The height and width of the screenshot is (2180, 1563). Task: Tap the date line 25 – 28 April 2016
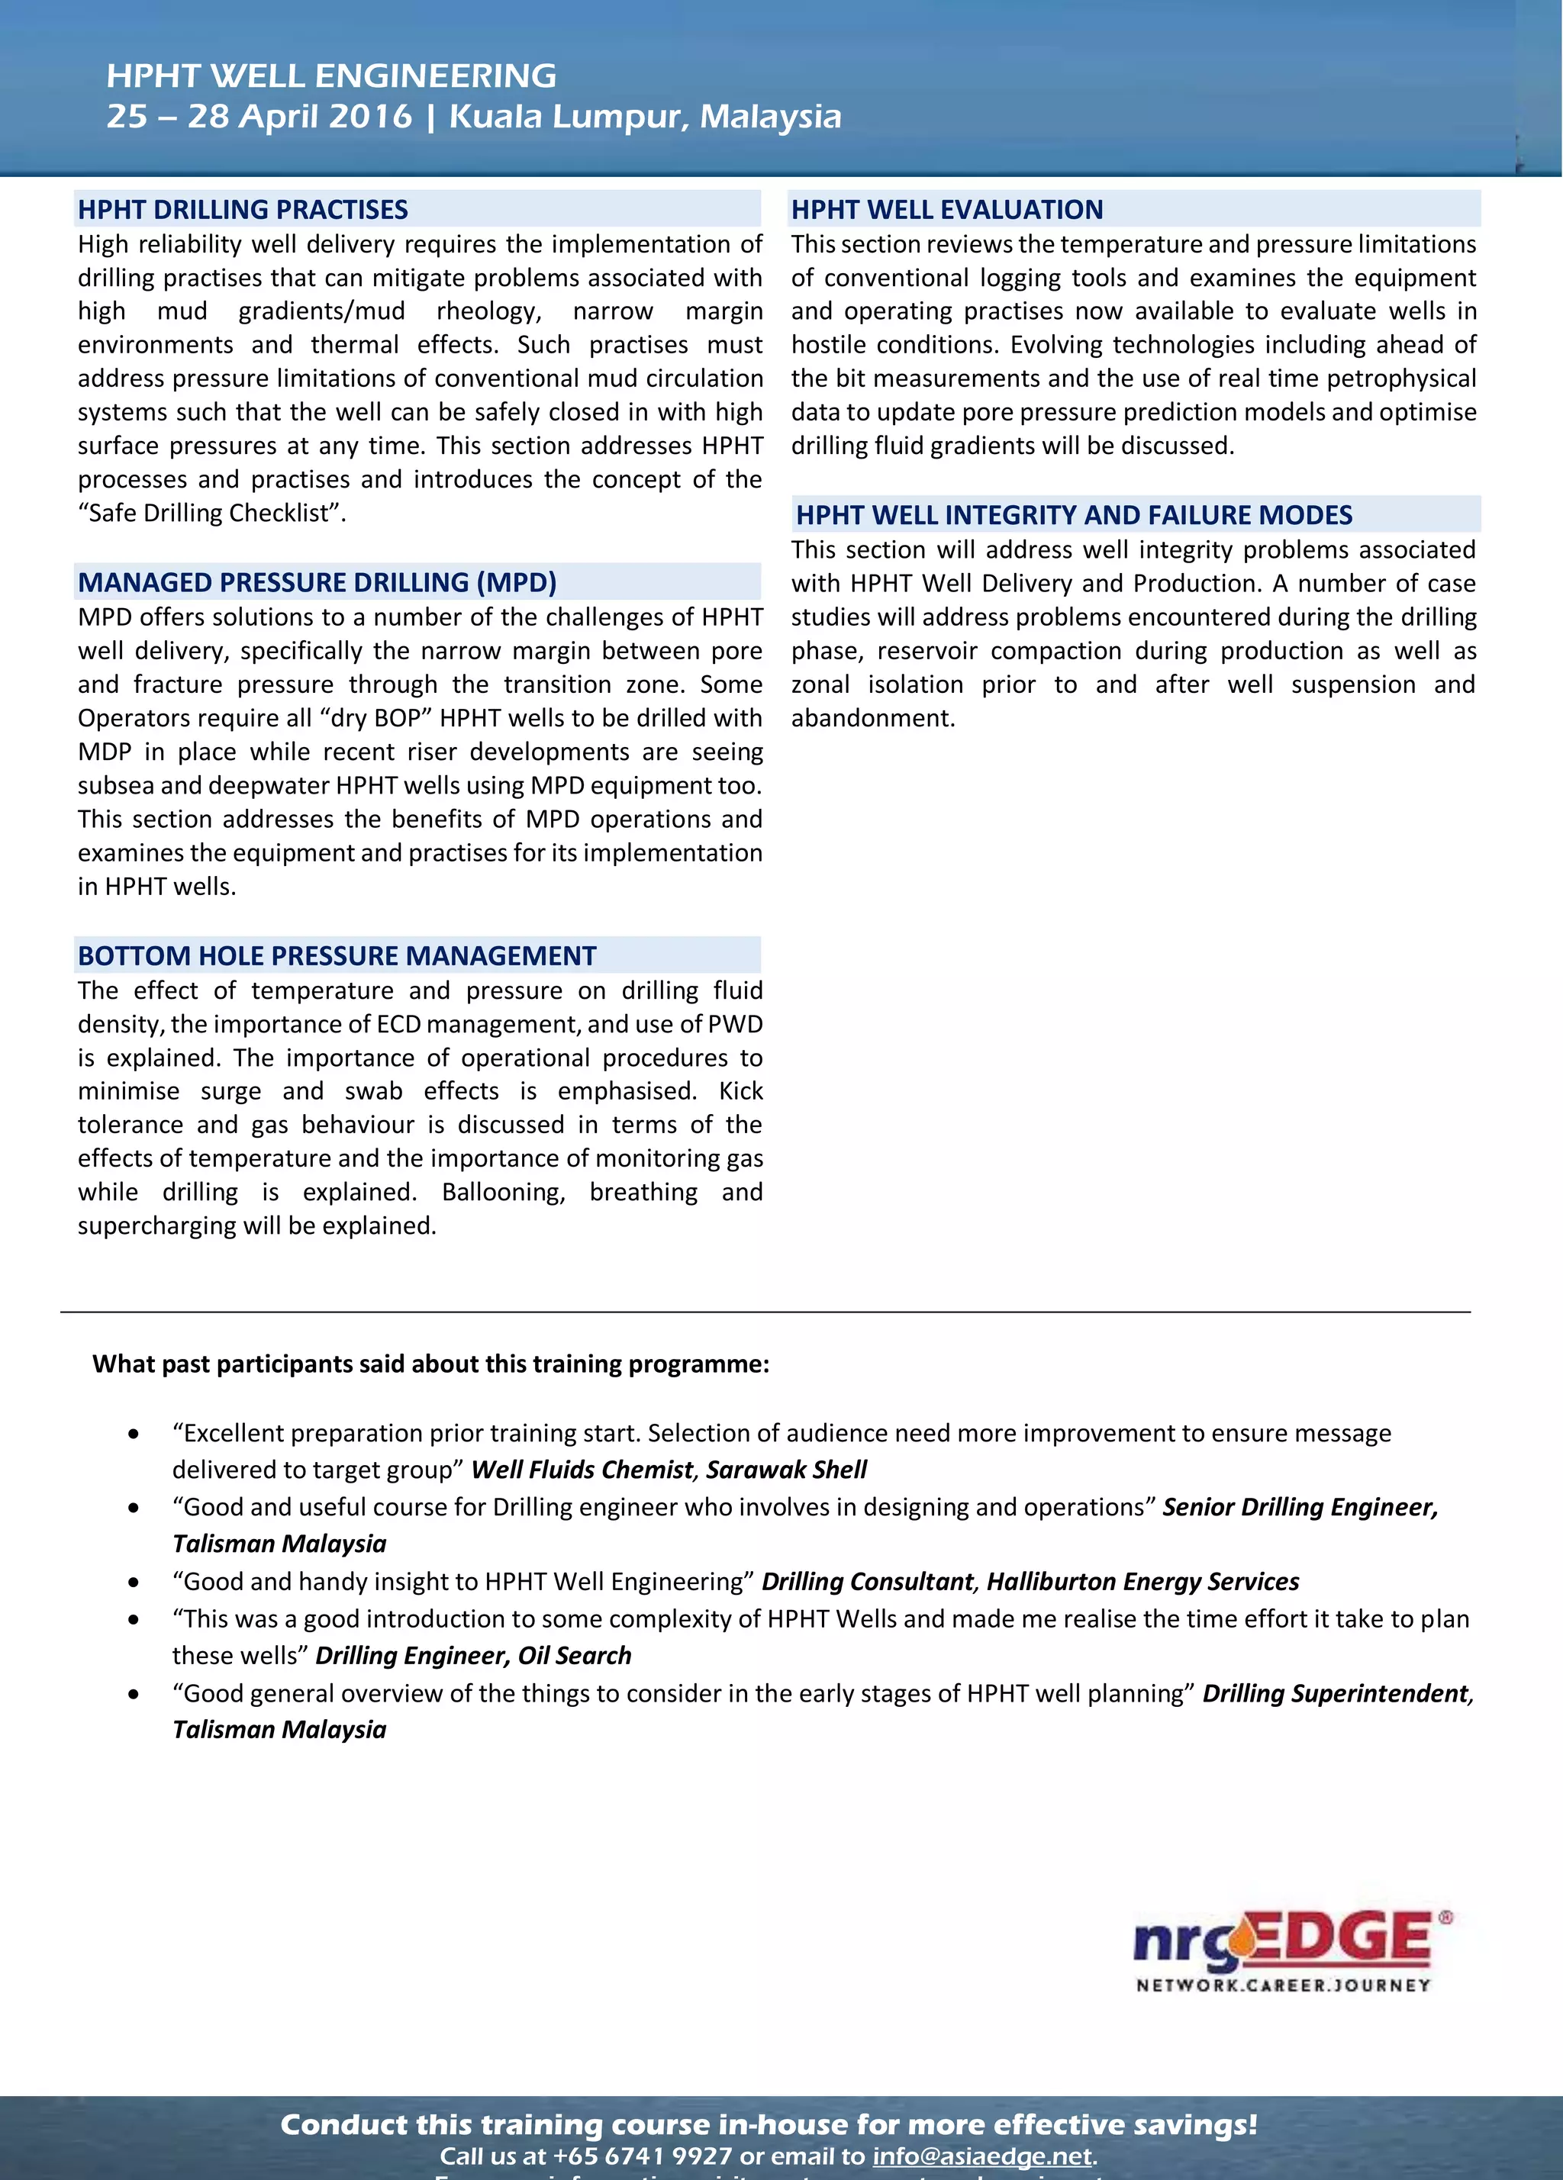pos(259,116)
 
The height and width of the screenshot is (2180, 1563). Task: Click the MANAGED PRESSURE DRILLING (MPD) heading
pos(317,582)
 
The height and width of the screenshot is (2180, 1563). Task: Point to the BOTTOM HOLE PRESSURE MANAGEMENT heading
pos(337,955)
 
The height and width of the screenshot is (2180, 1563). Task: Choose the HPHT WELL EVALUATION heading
pos(947,210)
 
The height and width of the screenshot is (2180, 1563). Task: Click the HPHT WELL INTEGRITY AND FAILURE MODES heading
pos(1074,515)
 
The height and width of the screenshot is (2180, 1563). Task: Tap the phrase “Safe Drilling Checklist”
pos(211,514)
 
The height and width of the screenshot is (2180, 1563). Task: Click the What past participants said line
pos(430,1364)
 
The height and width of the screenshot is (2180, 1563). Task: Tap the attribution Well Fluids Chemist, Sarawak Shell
pos(669,1470)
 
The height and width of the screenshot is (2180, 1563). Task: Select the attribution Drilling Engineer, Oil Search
pos(473,1655)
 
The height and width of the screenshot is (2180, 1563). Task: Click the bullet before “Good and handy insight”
pos(134,1582)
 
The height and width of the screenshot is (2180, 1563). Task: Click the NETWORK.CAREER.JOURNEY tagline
pos(1283,1985)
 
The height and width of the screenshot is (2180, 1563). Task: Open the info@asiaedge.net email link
pos(981,2156)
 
